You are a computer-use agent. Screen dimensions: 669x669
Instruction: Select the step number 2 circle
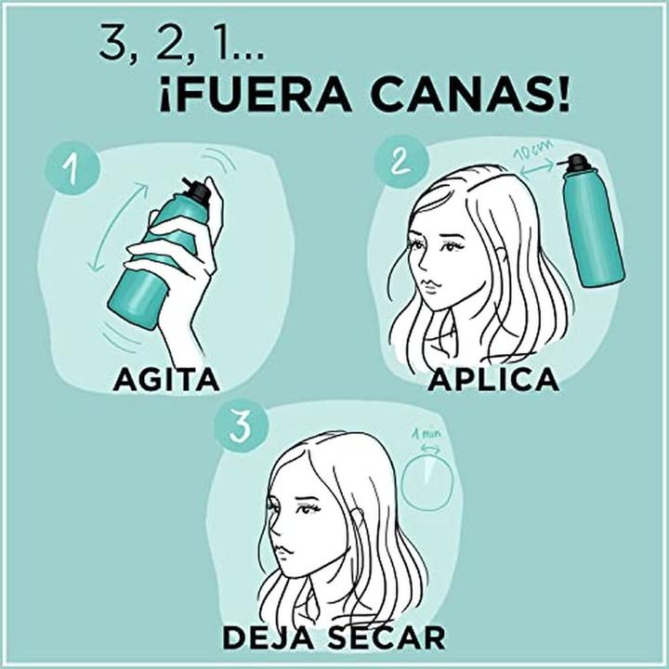tap(400, 164)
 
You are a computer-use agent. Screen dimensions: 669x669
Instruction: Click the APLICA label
tap(493, 380)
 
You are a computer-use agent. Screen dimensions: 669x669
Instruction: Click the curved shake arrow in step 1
tap(116, 228)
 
